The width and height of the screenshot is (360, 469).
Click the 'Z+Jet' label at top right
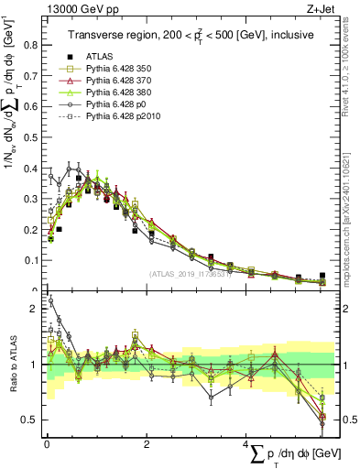tap(318, 10)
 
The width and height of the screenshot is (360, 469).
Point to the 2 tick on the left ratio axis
tap(37, 309)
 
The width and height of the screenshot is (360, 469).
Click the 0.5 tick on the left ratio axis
tap(33, 420)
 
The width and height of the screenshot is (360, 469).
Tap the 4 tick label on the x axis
tap(246, 444)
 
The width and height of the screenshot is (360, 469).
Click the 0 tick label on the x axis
tap(47, 444)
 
